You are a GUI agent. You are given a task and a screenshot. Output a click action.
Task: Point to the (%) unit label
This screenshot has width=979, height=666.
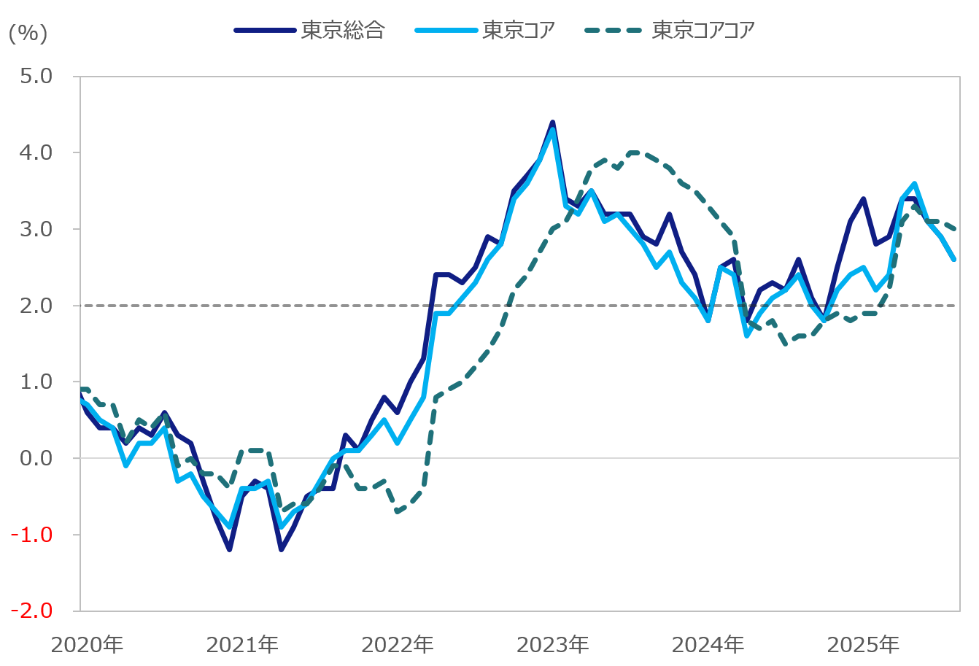click(x=28, y=33)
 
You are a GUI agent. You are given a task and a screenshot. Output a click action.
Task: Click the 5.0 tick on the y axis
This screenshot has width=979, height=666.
click(x=37, y=76)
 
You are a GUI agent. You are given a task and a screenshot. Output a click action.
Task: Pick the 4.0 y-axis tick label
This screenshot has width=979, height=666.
click(x=37, y=152)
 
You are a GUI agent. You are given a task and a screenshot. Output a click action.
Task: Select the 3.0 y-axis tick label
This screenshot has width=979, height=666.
click(x=37, y=229)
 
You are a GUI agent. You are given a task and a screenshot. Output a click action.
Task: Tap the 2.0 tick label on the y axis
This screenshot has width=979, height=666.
click(x=37, y=306)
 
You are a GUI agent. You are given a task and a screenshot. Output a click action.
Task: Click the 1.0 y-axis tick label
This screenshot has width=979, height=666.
click(x=37, y=382)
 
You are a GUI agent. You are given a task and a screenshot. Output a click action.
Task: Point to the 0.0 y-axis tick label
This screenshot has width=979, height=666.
click(x=37, y=458)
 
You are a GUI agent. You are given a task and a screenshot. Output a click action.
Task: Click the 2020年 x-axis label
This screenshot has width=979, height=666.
click(x=87, y=645)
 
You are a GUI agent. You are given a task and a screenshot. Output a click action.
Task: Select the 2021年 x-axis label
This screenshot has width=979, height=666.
click(x=242, y=645)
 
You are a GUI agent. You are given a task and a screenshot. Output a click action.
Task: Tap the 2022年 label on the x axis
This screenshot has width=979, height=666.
click(x=398, y=645)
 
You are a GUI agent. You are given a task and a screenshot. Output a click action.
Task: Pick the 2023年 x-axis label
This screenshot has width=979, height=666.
click(x=553, y=645)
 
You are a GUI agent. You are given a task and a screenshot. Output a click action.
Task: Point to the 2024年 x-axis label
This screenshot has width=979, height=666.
click(x=708, y=645)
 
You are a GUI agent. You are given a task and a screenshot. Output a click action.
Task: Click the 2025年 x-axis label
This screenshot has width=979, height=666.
click(x=863, y=645)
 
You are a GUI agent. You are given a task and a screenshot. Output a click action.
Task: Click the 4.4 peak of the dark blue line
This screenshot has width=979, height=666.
click(x=552, y=123)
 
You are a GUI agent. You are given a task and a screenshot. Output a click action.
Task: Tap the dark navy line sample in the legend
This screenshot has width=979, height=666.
click(x=265, y=30)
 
